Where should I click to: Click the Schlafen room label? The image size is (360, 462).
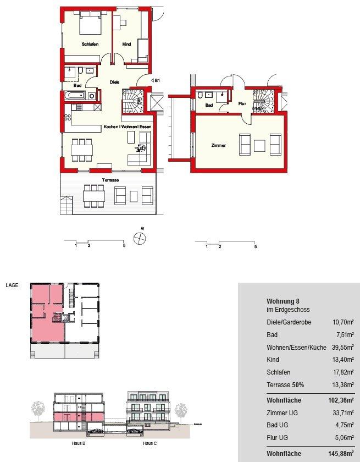[90, 44]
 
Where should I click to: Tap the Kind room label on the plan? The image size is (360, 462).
[126, 44]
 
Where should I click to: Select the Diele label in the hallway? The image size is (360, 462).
[114, 82]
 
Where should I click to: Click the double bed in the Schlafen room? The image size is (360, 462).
[90, 24]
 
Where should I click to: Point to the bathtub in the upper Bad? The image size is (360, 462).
[75, 95]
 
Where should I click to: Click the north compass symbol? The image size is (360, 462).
[140, 238]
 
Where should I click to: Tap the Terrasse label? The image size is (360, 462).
[110, 180]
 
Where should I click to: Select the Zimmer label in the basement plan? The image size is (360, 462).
[218, 145]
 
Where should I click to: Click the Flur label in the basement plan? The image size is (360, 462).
[242, 103]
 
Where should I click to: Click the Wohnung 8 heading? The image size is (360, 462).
[283, 301]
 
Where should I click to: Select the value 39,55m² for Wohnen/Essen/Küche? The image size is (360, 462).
[343, 348]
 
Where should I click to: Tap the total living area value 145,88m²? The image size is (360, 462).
[341, 453]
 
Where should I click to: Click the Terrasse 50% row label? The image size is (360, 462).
[285, 385]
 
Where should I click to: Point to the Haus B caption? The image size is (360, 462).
[79, 443]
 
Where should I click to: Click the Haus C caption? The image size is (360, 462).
[150, 443]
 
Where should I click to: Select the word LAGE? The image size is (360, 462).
[12, 285]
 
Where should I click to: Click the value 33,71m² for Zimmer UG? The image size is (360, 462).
[343, 413]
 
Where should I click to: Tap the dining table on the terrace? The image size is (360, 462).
[94, 196]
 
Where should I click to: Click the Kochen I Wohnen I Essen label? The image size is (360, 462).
[128, 127]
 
